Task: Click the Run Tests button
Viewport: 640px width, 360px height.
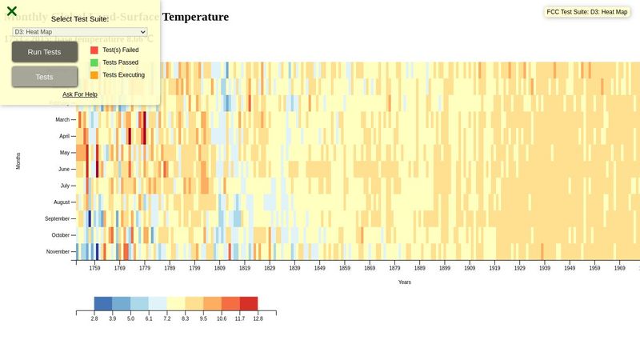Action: pyautogui.click(x=45, y=52)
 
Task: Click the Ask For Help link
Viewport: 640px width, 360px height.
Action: pyautogui.click(x=80, y=94)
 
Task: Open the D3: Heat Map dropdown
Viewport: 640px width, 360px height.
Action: pyautogui.click(x=80, y=32)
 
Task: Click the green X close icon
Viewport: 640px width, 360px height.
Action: pyautogui.click(x=12, y=11)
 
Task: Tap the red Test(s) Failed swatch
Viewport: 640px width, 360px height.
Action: pyautogui.click(x=94, y=50)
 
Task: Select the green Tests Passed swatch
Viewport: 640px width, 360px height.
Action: pyautogui.click(x=94, y=62)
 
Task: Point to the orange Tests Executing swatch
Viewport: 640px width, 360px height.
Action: pyautogui.click(x=94, y=75)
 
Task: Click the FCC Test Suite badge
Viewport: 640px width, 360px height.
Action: pyautogui.click(x=586, y=12)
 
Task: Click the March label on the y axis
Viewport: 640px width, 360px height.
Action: pyautogui.click(x=62, y=119)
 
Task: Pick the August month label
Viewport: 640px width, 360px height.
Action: pyautogui.click(x=62, y=202)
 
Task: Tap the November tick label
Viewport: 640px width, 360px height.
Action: pyautogui.click(x=58, y=252)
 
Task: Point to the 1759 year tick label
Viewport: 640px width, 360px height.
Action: pyautogui.click(x=94, y=269)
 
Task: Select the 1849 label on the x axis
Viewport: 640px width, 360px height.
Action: pyautogui.click(x=319, y=269)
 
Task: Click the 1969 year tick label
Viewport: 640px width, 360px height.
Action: pyautogui.click(x=619, y=269)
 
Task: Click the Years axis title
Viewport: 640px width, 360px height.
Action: pyautogui.click(x=405, y=282)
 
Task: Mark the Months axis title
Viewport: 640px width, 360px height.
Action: pyautogui.click(x=18, y=160)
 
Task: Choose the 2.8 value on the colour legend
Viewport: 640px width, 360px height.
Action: pyautogui.click(x=94, y=318)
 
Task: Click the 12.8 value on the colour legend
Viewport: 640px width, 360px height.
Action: pyautogui.click(x=258, y=318)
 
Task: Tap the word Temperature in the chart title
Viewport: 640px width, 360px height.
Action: pyautogui.click(x=195, y=17)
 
